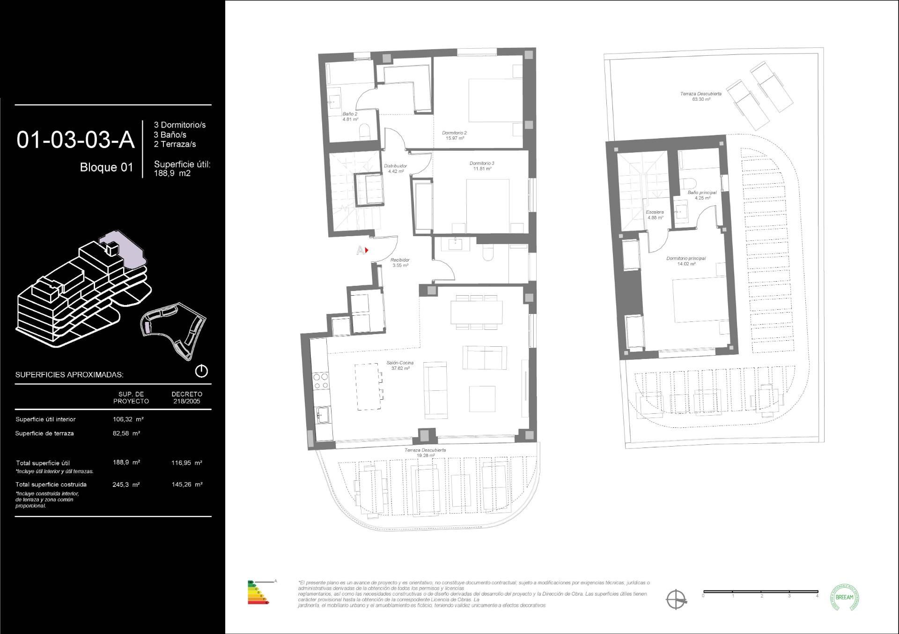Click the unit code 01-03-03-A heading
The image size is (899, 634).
click(75, 140)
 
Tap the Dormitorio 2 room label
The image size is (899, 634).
click(454, 135)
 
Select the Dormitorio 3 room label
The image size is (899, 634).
click(482, 166)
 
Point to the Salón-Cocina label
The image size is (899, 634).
click(400, 365)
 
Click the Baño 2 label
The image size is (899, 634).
click(350, 116)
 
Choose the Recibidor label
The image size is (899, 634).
click(400, 262)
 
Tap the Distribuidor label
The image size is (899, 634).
click(395, 168)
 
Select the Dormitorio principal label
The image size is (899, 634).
click(685, 261)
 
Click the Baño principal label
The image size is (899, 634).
click(701, 195)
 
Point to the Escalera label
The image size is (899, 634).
click(655, 215)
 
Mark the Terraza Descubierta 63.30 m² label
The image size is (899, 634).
click(700, 97)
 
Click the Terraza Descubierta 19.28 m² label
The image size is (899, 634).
click(425, 453)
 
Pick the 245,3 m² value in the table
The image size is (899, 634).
click(126, 485)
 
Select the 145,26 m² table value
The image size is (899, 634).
click(187, 485)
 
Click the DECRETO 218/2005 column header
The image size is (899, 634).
click(187, 397)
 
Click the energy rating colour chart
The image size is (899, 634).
click(259, 592)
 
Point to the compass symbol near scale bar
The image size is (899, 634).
click(676, 599)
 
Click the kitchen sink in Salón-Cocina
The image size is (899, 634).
click(323, 414)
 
